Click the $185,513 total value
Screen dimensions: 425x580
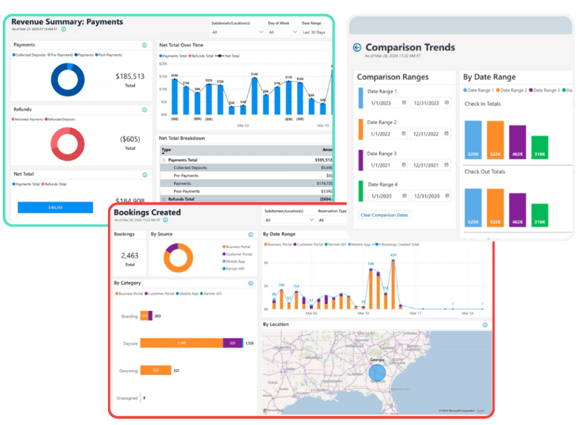pyautogui.click(x=130, y=76)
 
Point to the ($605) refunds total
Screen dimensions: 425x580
pyautogui.click(x=130, y=139)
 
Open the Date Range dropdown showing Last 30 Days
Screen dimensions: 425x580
pyautogui.click(x=315, y=32)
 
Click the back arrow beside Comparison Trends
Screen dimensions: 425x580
pyautogui.click(x=357, y=48)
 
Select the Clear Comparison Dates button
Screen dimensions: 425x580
pyautogui.click(x=384, y=215)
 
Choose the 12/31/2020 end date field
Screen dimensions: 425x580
pyautogui.click(x=432, y=196)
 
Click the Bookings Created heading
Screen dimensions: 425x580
pyautogui.click(x=147, y=212)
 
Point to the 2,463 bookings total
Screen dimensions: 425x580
pyautogui.click(x=130, y=255)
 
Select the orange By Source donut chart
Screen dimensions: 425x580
pyautogui.click(x=178, y=257)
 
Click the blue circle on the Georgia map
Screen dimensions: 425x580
pyautogui.click(x=377, y=373)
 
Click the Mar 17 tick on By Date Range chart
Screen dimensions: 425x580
pyautogui.click(x=415, y=313)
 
